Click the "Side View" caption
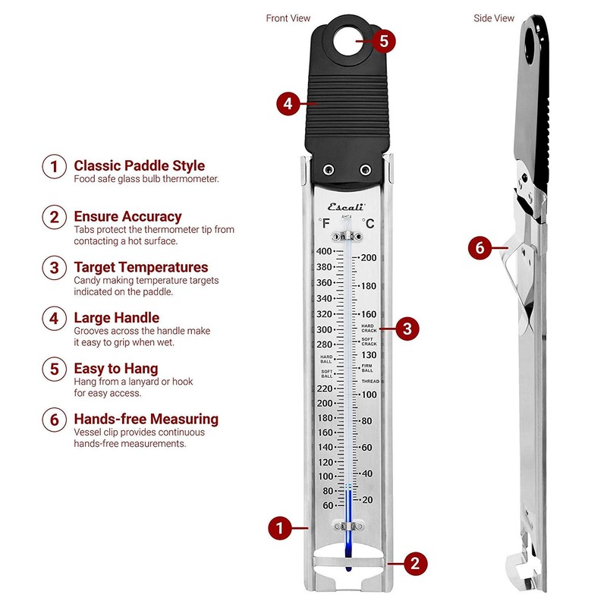[x=495, y=18]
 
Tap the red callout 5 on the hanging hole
[x=384, y=41]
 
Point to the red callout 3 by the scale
[x=407, y=329]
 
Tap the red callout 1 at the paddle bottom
[x=280, y=527]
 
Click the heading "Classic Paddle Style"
[x=139, y=165]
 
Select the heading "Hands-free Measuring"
[x=146, y=419]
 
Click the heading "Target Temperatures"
[x=140, y=267]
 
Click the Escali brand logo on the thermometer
[x=346, y=206]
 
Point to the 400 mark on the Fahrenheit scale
[x=324, y=251]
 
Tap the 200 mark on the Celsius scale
[x=369, y=258]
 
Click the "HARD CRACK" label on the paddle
[x=369, y=328]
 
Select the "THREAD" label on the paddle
[x=370, y=381]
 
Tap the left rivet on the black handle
[x=327, y=168]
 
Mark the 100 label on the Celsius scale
[x=369, y=395]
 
